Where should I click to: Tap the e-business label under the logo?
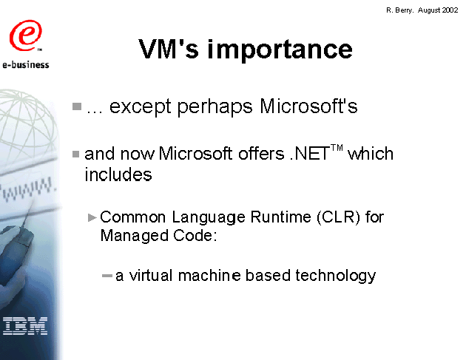pyautogui.click(x=26, y=64)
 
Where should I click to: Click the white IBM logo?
pyautogui.click(x=25, y=326)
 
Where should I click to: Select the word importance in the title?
pyautogui.click(x=280, y=50)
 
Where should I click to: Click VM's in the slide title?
pyautogui.click(x=169, y=48)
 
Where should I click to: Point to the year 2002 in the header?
pyautogui.click(x=450, y=10)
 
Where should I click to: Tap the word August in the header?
pyautogui.click(x=429, y=10)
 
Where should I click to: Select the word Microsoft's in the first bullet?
pyautogui.click(x=308, y=106)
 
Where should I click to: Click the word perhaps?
pyautogui.click(x=215, y=107)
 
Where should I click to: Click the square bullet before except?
pyautogui.click(x=77, y=106)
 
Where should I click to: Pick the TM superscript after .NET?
pyautogui.click(x=337, y=148)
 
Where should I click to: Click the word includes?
pyautogui.click(x=118, y=174)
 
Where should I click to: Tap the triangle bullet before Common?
pyautogui.click(x=92, y=218)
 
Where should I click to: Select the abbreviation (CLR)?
pyautogui.click(x=338, y=217)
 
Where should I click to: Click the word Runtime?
pyautogui.click(x=280, y=217)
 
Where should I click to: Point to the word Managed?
pyautogui.click(x=135, y=236)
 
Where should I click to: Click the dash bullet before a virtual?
pyautogui.click(x=107, y=276)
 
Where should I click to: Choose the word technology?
pyautogui.click(x=336, y=276)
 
